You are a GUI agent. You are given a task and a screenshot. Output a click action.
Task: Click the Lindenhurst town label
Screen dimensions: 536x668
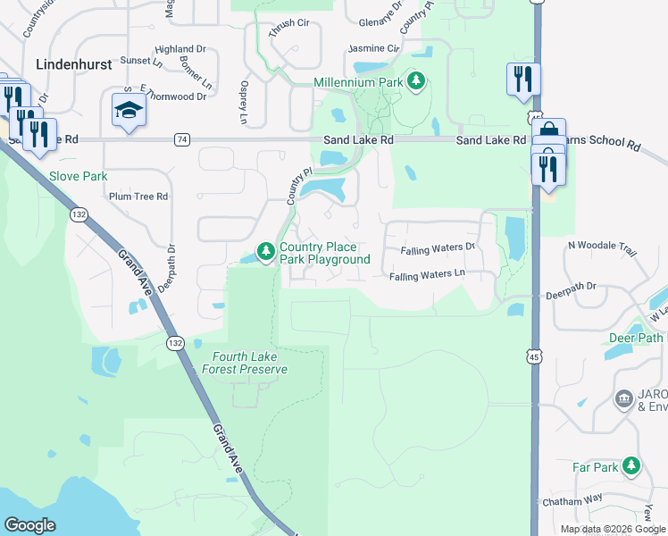click(74, 64)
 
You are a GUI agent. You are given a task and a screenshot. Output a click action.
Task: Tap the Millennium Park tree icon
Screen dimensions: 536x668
click(415, 82)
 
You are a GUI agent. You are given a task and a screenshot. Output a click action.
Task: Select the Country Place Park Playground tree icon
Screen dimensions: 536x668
click(265, 253)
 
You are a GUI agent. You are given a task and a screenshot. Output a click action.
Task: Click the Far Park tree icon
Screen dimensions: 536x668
click(632, 466)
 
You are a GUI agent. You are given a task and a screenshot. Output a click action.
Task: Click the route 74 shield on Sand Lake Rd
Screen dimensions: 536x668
click(182, 139)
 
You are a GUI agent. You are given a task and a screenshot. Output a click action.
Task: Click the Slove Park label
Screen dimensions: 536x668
click(79, 176)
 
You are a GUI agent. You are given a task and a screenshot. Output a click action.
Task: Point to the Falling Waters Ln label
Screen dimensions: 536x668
click(427, 275)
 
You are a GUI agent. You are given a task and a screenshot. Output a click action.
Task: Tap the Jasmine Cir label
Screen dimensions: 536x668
click(373, 48)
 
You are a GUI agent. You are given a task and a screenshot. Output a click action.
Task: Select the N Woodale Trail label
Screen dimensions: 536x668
click(604, 245)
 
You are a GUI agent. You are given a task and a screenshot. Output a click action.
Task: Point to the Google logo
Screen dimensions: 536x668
click(29, 525)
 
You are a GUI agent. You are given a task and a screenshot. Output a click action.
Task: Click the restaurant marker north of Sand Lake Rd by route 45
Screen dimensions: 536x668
click(522, 80)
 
